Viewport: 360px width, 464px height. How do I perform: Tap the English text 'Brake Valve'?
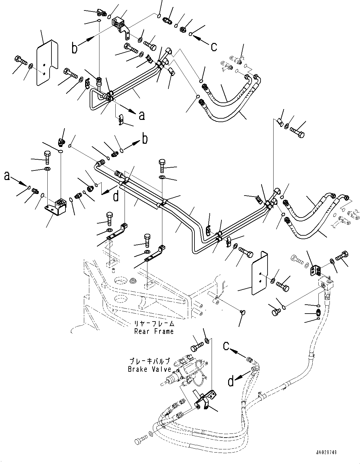click(x=150, y=369)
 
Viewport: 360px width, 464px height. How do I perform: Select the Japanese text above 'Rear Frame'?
click(x=154, y=324)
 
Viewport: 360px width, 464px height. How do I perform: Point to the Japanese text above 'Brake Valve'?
click(x=150, y=361)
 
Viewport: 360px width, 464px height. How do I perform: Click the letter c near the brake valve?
click(x=227, y=346)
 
